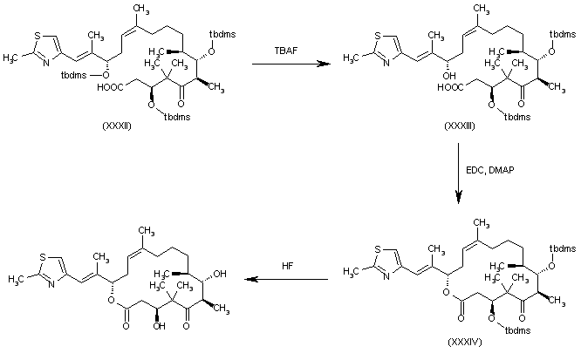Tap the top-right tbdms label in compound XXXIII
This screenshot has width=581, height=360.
pos(560,33)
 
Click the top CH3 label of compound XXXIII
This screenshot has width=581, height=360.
pos(480,7)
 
